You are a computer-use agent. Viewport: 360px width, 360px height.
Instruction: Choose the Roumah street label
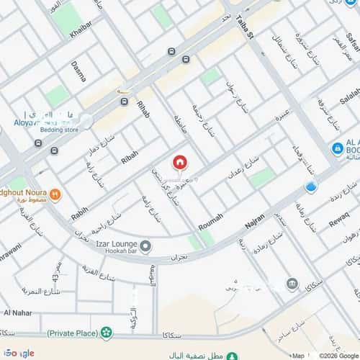210,220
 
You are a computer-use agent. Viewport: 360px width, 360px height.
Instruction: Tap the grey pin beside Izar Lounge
145,248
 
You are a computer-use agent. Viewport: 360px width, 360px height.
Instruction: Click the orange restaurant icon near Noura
55,193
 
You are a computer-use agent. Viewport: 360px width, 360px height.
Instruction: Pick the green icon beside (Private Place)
107,333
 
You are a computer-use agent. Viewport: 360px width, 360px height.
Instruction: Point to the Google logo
17,353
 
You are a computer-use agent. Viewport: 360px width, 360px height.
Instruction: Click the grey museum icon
292,283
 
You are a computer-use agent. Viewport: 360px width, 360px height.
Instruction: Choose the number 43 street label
56,273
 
